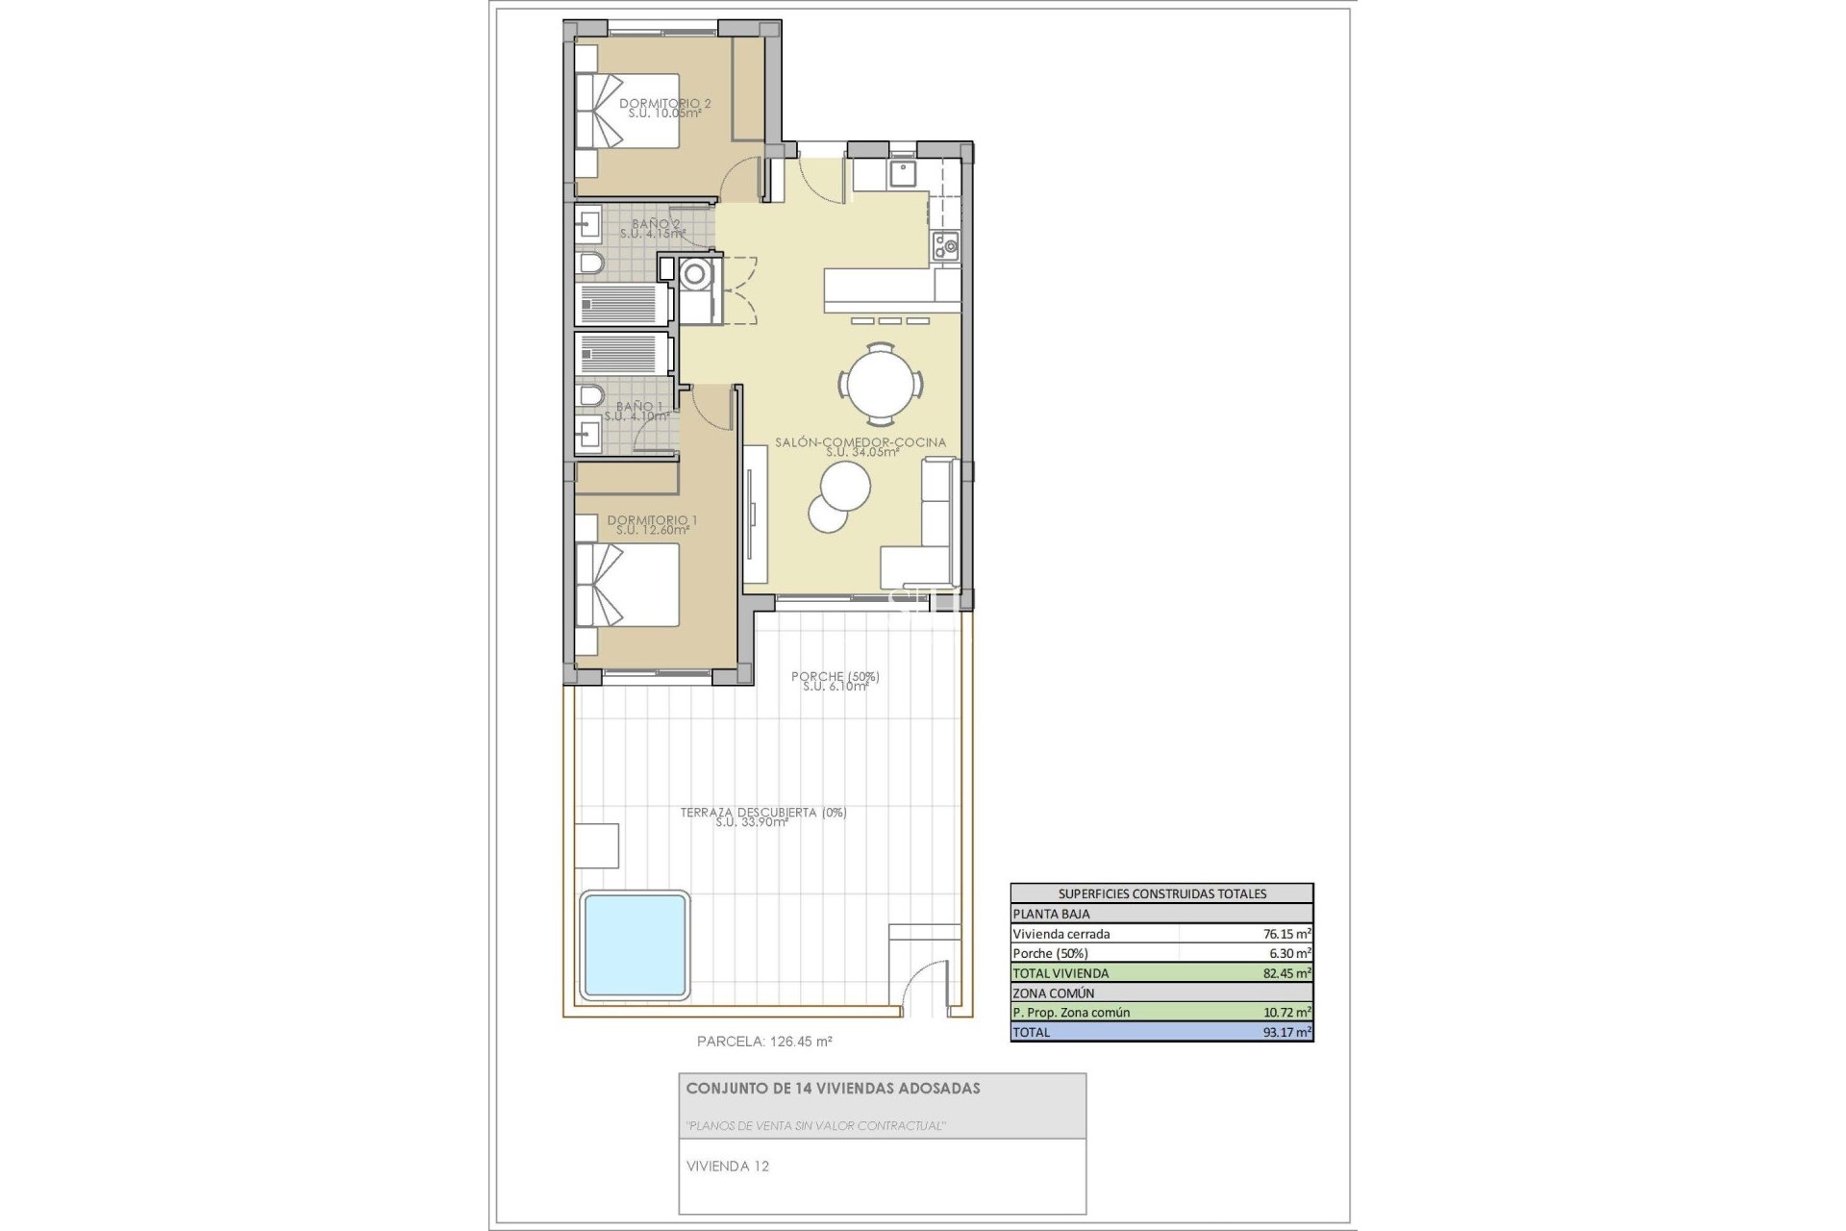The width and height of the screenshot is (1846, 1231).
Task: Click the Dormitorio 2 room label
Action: [x=664, y=108]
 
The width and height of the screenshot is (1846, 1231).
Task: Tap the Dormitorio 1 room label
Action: [x=652, y=524]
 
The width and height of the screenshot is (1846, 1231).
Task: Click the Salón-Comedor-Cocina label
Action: [x=861, y=446]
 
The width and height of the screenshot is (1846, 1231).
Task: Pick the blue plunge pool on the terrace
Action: [x=636, y=944]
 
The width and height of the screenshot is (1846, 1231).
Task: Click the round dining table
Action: [x=881, y=383]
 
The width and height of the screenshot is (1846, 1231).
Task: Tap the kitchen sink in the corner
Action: [x=904, y=174]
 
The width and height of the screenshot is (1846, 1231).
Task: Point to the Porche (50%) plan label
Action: [x=835, y=680]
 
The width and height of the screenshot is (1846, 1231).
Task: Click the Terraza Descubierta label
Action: [x=762, y=816]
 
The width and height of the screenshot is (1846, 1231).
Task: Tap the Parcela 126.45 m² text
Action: [x=764, y=1041]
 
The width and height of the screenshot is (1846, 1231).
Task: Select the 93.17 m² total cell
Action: [x=1286, y=1032]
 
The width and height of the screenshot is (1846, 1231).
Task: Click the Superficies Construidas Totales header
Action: [x=1161, y=893]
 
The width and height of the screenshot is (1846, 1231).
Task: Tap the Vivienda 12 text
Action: [x=728, y=1167]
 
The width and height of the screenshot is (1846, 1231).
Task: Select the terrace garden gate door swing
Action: [x=925, y=986]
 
